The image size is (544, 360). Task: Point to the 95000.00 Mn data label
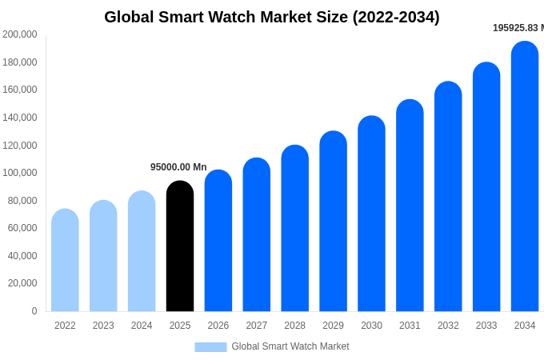coord(178,167)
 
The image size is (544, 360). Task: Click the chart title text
coord(272,17)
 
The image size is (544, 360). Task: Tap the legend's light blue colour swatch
coord(210,346)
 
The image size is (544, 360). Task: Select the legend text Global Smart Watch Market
coord(290,346)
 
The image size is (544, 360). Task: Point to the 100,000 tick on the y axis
coord(20,173)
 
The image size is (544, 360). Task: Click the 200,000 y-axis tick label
coord(20,34)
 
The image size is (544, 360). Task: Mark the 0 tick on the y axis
coord(34,311)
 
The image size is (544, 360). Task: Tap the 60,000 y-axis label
coord(22,228)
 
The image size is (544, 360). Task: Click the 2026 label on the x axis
coord(218,326)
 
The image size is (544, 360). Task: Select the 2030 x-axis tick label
coord(371,326)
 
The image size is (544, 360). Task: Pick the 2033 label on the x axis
coord(486,326)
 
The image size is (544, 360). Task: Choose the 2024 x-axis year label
coord(142,326)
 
